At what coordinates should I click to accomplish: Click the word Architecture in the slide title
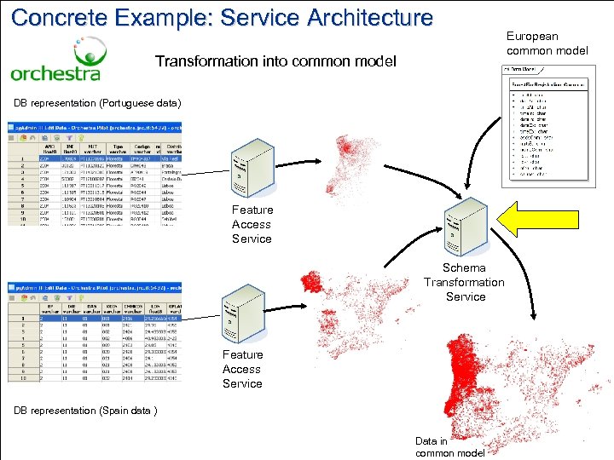point(360,16)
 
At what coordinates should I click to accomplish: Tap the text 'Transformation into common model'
point(275,61)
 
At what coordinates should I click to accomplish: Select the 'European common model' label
point(547,43)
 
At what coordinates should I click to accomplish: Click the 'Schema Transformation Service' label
point(465,282)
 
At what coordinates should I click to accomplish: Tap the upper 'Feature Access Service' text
point(252,224)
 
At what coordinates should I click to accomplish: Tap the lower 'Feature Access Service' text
point(242,369)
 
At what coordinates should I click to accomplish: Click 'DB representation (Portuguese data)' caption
point(97,103)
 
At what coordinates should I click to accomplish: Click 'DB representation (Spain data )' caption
point(85,411)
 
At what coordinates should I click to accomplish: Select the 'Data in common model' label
point(449,447)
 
